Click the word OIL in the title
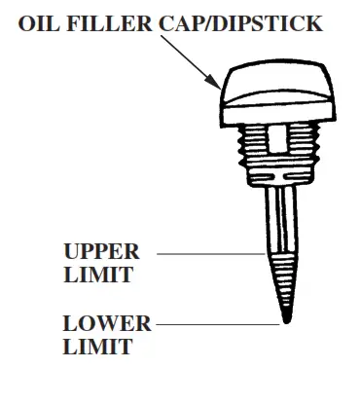(41, 22)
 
